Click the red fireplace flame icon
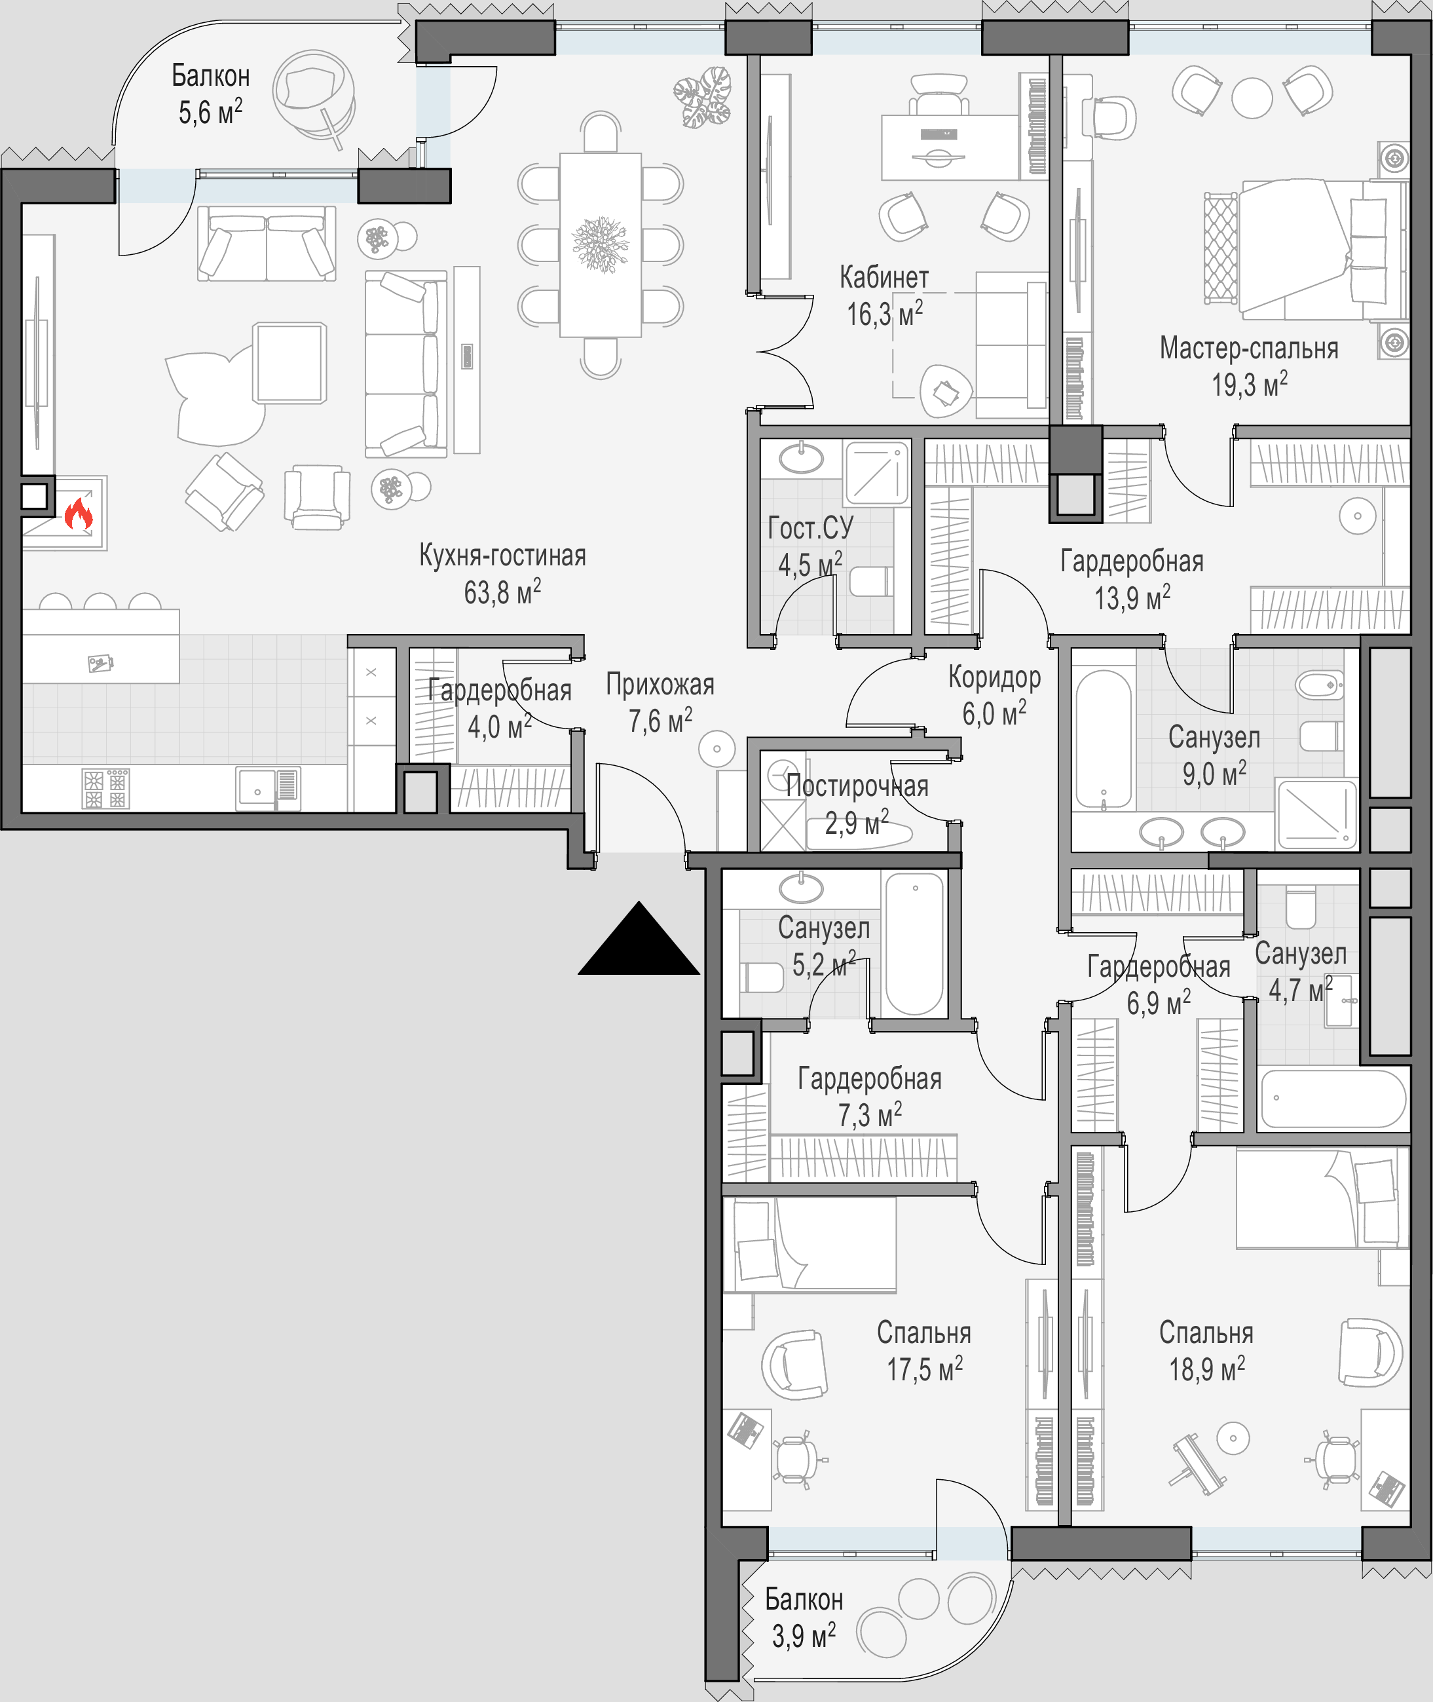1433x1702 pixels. pyautogui.click(x=78, y=513)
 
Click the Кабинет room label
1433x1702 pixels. pyautogui.click(x=884, y=277)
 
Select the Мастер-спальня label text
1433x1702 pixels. pyautogui.click(x=1248, y=349)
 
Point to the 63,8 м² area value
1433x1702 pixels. pyautogui.click(x=502, y=592)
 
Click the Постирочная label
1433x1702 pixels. pyautogui.click(x=857, y=785)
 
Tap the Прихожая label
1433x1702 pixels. pyautogui.click(x=660, y=685)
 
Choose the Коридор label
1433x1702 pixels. pyautogui.click(x=994, y=677)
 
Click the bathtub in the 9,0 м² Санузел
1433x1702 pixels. pyautogui.click(x=1103, y=738)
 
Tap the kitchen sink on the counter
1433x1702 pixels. pyautogui.click(x=267, y=788)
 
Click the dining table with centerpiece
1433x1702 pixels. pyautogui.click(x=601, y=244)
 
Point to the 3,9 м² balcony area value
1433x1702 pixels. pyautogui.click(x=804, y=1635)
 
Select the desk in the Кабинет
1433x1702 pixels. pyautogui.click(x=950, y=147)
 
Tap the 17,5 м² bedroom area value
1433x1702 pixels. pyautogui.click(x=925, y=1370)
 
